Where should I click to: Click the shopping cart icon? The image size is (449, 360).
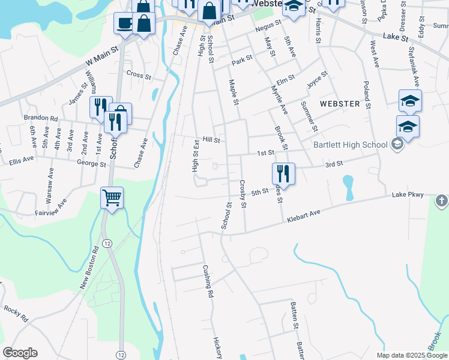point(112,198)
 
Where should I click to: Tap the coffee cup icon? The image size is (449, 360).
point(124,23)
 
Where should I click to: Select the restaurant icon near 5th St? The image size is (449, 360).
point(283,174)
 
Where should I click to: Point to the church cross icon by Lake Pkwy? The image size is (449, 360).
point(441,200)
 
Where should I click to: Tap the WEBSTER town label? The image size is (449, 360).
point(340,104)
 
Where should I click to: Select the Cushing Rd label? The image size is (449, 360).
point(208,281)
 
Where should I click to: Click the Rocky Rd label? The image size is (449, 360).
point(16,314)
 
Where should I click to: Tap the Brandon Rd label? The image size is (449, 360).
point(40,118)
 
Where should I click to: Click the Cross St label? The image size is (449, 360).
point(139,74)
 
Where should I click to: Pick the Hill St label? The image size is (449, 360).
point(211,140)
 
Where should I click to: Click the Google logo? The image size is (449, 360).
point(20,353)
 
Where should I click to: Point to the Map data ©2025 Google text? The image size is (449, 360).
point(411,355)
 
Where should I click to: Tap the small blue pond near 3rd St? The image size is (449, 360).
point(348,187)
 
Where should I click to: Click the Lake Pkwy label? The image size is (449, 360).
point(408,195)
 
